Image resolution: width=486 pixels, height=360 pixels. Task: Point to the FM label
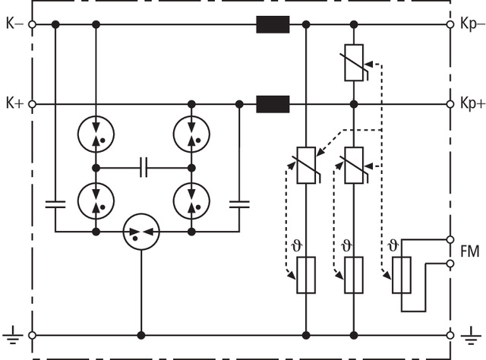pyautogui.click(x=470, y=251)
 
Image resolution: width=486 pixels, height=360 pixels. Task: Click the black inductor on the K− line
pyautogui.click(x=273, y=25)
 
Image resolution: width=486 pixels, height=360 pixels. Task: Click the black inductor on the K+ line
pyautogui.click(x=273, y=103)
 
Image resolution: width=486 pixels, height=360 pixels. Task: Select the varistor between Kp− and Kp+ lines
pyautogui.click(x=354, y=63)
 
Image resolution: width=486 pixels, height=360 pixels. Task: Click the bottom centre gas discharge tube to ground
pyautogui.click(x=141, y=229)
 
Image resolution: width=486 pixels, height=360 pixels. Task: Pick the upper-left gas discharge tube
pyautogui.click(x=96, y=134)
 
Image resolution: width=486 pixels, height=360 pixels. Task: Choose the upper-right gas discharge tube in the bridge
pyautogui.click(x=191, y=134)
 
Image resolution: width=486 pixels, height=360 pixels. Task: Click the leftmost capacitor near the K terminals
pyautogui.click(x=55, y=204)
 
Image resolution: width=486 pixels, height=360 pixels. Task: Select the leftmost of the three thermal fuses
pyautogui.click(x=306, y=275)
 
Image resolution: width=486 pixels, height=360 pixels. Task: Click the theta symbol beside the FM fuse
pyautogui.click(x=393, y=245)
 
